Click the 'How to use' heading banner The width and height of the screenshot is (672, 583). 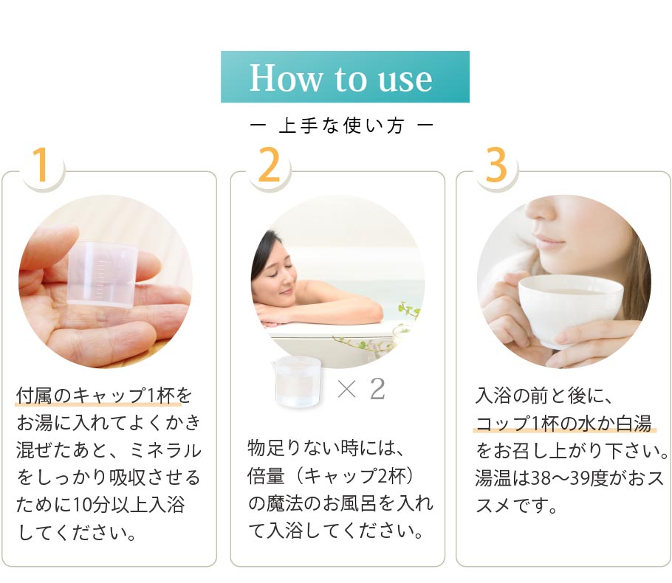(x=345, y=77)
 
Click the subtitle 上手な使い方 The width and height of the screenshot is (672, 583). (x=341, y=126)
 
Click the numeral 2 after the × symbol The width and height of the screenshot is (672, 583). (x=377, y=390)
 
